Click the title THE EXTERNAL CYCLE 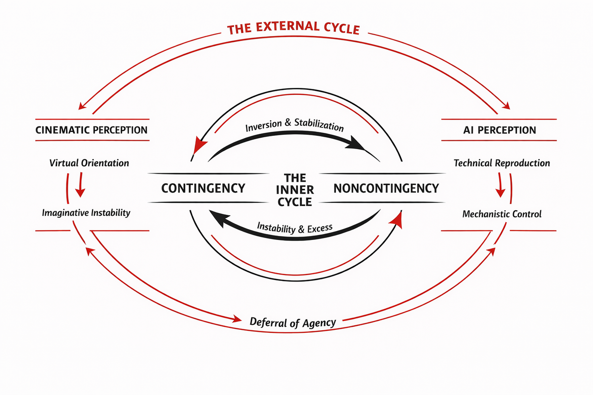click(294, 29)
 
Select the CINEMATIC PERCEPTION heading click(92, 130)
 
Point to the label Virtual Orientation click(89, 163)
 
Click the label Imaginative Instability click(86, 213)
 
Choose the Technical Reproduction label click(502, 163)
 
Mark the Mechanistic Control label click(502, 214)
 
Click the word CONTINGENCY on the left click(204, 188)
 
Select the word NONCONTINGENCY click(386, 188)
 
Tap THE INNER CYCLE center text click(295, 190)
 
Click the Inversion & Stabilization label click(294, 124)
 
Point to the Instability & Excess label click(295, 228)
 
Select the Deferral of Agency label click(293, 322)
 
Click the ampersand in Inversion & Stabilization click(288, 123)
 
